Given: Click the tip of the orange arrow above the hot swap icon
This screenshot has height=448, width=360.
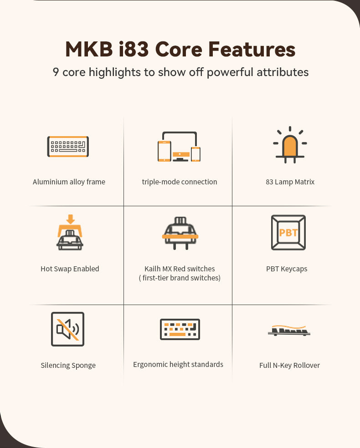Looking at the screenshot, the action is tap(70, 224).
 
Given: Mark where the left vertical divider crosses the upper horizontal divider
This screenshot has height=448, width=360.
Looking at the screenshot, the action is tap(124, 206).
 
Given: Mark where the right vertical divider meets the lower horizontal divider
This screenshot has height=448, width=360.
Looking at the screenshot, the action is tap(232, 305).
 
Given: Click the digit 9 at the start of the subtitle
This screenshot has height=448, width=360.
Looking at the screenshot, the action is tap(56, 72).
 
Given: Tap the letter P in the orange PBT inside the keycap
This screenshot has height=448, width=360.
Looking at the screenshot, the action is tap(282, 233).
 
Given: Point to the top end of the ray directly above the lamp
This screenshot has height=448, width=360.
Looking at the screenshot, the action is tap(290, 127).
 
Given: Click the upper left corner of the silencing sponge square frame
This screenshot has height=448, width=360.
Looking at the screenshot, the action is tap(51, 312).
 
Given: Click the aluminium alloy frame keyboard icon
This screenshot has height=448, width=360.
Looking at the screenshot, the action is tap(68, 147).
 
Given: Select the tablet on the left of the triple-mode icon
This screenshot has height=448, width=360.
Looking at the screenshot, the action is tap(165, 151).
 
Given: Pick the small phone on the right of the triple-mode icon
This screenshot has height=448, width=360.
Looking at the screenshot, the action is tap(195, 154).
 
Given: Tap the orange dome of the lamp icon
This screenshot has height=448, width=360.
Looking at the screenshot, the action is tap(290, 146).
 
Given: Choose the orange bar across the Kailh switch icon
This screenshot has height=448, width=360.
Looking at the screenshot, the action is tap(180, 237).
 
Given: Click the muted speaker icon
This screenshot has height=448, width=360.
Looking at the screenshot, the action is tap(67, 329).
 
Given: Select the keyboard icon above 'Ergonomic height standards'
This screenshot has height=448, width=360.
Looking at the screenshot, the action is tap(180, 329).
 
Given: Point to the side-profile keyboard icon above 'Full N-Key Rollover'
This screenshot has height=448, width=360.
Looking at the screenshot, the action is tap(289, 331).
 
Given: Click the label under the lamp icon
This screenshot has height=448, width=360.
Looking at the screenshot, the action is tap(290, 182).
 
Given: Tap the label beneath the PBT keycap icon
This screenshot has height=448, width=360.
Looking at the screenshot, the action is tap(287, 269).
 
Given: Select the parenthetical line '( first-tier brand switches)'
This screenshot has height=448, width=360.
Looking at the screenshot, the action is tap(180, 278).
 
